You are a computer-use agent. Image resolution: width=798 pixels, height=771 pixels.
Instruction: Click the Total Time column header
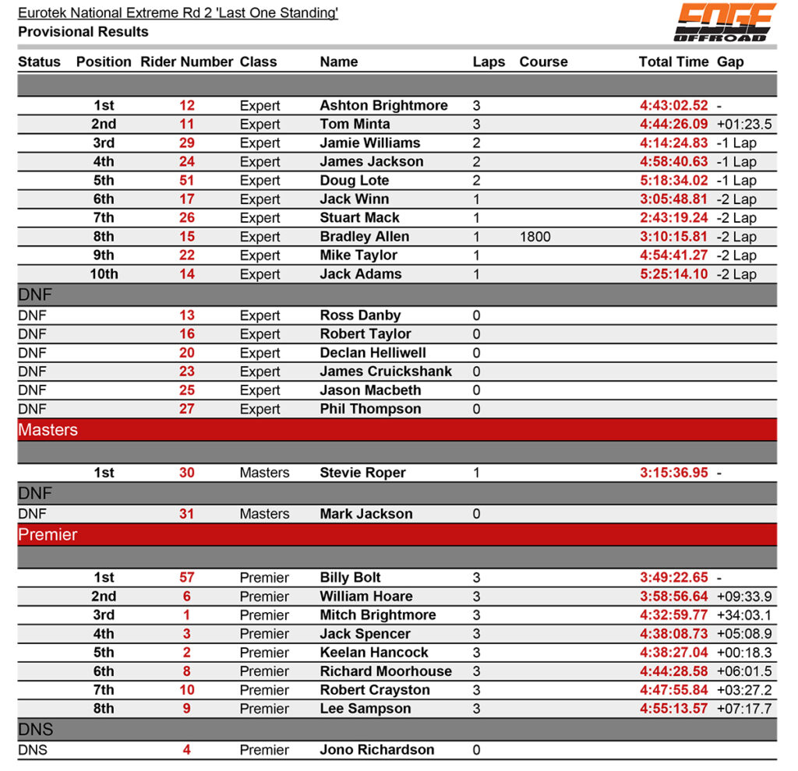click(673, 62)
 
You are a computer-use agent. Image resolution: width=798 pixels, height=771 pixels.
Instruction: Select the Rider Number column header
click(187, 62)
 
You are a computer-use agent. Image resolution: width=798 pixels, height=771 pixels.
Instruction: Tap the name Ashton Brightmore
click(383, 105)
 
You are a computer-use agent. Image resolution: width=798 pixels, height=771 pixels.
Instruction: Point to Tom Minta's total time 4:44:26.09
click(674, 124)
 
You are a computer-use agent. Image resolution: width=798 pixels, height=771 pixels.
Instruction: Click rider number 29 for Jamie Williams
click(187, 143)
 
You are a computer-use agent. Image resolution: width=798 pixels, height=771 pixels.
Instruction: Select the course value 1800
click(535, 237)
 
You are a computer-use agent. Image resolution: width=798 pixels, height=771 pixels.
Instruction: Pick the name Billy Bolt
click(350, 578)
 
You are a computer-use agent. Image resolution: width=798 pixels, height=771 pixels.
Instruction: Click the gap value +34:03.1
click(744, 615)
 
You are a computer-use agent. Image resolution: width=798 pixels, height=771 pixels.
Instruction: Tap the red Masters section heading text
click(48, 430)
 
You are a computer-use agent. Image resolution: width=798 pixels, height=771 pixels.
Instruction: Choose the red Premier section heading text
click(48, 535)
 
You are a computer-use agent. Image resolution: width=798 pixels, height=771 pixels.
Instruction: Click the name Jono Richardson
click(377, 750)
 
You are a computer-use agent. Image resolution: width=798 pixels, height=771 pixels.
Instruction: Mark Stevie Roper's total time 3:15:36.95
click(674, 473)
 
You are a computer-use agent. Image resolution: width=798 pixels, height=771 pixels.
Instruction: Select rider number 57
click(187, 578)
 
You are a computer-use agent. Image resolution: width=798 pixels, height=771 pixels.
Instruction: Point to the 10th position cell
click(104, 274)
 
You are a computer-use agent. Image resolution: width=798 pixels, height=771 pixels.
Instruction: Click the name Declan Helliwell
click(373, 353)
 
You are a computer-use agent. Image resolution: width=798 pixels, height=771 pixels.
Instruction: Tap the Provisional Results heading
click(83, 32)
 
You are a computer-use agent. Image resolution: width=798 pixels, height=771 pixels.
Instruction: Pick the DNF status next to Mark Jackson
click(32, 514)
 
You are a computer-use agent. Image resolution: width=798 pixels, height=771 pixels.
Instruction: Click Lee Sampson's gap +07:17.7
click(744, 709)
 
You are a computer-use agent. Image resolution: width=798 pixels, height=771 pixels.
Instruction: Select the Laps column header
click(489, 62)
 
